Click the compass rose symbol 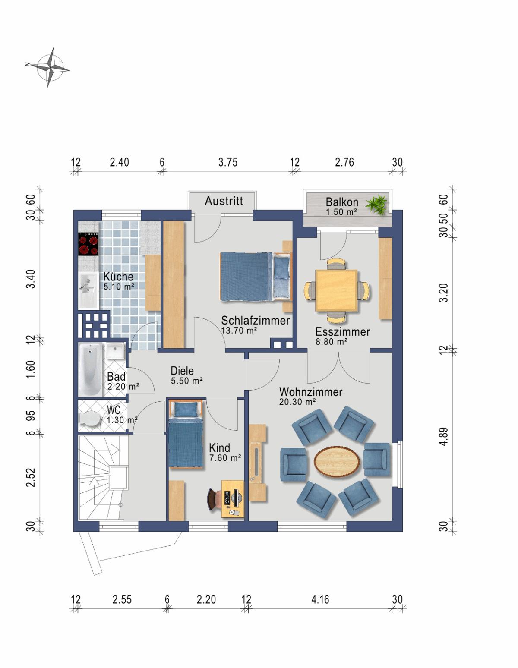(50, 68)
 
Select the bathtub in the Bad (90, 370)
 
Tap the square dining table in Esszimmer (337, 290)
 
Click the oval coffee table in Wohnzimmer (337, 462)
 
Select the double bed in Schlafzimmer (256, 276)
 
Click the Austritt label (224, 201)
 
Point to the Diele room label (182, 371)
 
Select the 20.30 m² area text (297, 402)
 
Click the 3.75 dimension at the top (228, 162)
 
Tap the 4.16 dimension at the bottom (320, 599)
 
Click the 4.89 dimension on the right (444, 436)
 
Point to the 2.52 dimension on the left (31, 478)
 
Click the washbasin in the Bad (115, 351)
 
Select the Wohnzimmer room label (311, 392)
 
